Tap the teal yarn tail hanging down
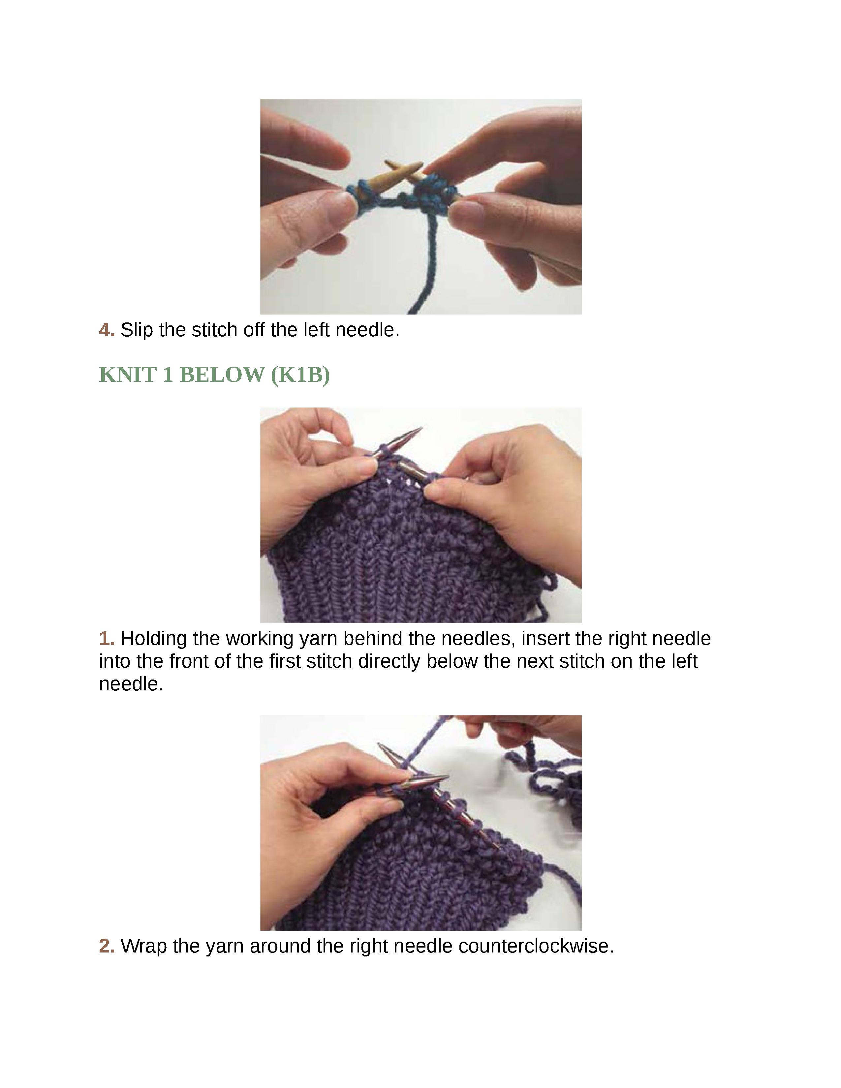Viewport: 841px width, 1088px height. click(427, 264)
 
